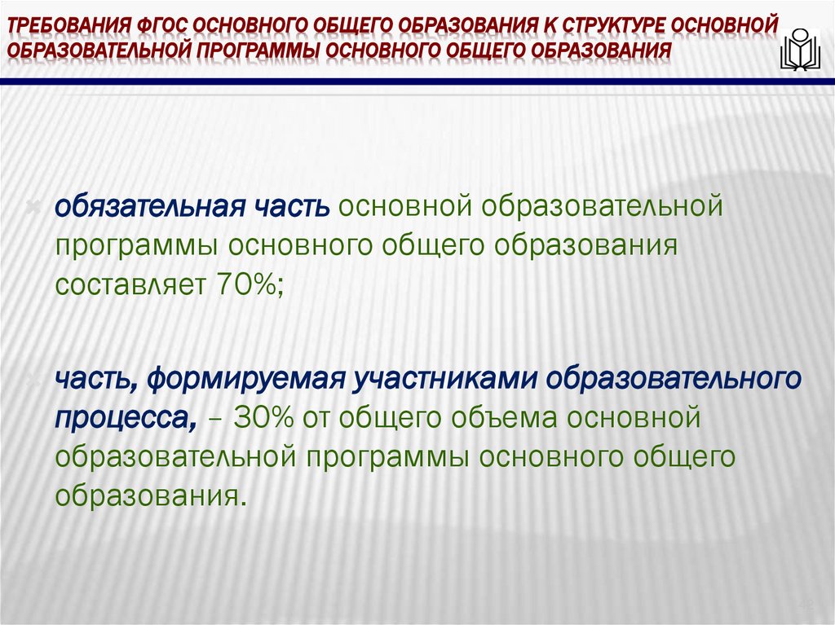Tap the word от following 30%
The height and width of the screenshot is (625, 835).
320,419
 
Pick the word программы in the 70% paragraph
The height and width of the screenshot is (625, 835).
135,245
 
